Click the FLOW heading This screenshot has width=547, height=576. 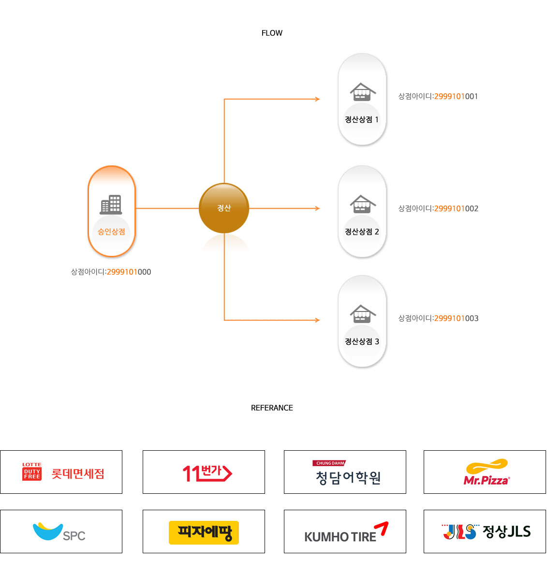[272, 33]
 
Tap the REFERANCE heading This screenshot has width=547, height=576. [272, 408]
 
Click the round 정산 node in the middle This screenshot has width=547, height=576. [224, 208]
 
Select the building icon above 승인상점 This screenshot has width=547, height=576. [111, 205]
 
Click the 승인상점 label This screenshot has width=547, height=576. [111, 232]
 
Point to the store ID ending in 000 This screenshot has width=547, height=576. [111, 272]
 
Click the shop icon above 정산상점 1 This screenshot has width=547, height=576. [363, 92]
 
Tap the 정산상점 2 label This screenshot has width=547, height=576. [362, 232]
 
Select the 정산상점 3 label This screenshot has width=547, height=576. [362, 341]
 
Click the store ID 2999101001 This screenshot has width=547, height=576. [438, 96]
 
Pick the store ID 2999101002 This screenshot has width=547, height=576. [438, 208]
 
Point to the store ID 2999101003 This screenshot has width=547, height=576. [438, 318]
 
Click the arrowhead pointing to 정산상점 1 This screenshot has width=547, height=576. [317, 99]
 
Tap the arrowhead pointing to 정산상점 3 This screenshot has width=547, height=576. [317, 320]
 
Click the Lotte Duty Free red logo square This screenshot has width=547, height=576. [32, 472]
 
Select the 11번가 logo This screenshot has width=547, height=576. [207, 473]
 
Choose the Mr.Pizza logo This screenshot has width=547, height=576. [486, 472]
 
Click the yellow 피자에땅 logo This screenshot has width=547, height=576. [204, 532]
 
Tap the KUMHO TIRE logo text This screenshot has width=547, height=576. [340, 536]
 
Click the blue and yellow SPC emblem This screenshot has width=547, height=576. [47, 531]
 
